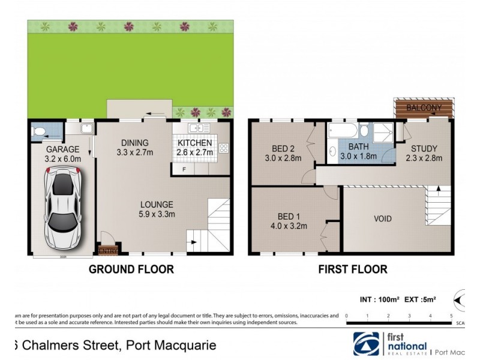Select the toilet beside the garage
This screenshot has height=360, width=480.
point(39,131)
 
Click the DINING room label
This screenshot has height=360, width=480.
point(134,142)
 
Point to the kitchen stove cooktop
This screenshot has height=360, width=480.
point(224,148)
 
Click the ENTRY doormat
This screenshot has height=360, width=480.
point(107,250)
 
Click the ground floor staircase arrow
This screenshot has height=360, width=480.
point(192,243)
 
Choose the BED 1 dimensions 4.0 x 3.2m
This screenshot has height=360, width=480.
point(289,226)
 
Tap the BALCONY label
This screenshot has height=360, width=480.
point(424,108)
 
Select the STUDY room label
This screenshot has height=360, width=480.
point(424,148)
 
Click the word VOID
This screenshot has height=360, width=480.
point(382,219)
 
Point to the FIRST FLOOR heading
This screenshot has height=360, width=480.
point(352,269)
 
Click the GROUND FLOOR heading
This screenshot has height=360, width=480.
point(131,269)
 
